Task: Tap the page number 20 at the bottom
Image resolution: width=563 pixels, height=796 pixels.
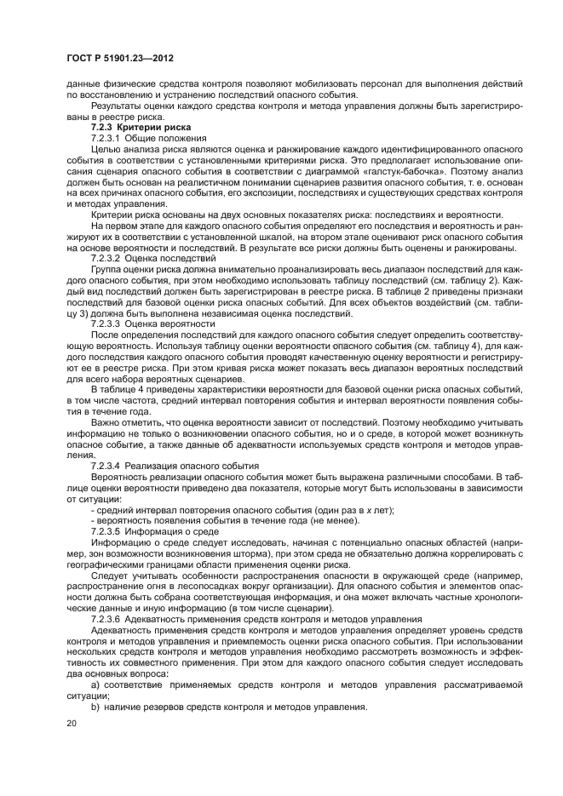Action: pos(71,723)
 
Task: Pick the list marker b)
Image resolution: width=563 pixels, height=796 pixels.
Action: pos(95,707)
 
